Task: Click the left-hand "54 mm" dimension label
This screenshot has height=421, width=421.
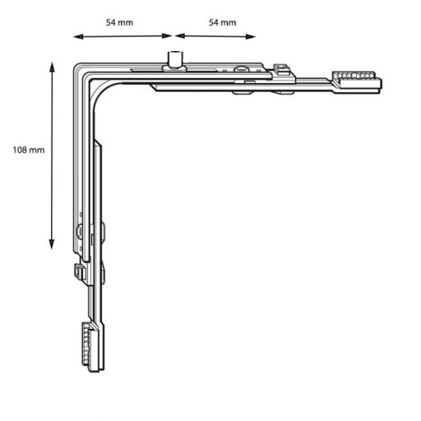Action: [119, 22]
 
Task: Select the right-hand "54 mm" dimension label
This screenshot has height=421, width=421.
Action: [222, 22]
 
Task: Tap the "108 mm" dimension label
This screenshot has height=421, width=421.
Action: [29, 150]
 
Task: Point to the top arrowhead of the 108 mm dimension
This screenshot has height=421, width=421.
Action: [52, 67]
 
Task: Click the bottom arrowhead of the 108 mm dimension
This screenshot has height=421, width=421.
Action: [52, 244]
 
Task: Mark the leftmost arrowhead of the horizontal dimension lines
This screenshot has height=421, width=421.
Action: [78, 37]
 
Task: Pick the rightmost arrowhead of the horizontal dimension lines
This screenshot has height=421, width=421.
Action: [251, 36]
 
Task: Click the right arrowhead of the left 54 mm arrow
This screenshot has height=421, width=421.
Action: [167, 36]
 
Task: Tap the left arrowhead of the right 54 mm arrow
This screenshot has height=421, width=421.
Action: [180, 36]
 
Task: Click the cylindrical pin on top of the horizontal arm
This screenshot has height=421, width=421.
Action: [174, 61]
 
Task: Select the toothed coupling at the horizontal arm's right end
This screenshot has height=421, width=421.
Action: [357, 81]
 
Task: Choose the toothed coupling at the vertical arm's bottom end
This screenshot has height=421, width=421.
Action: [90, 347]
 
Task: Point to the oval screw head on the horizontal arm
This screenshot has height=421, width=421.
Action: [241, 69]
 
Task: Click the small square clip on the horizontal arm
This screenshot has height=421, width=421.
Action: [281, 69]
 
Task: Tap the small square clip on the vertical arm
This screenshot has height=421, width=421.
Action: [80, 271]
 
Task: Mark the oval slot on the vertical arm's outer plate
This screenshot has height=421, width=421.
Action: [80, 231]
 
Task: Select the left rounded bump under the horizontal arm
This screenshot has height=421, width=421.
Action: [243, 93]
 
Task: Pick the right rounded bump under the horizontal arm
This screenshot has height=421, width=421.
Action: [284, 93]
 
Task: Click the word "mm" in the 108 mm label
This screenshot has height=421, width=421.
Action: [37, 150]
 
